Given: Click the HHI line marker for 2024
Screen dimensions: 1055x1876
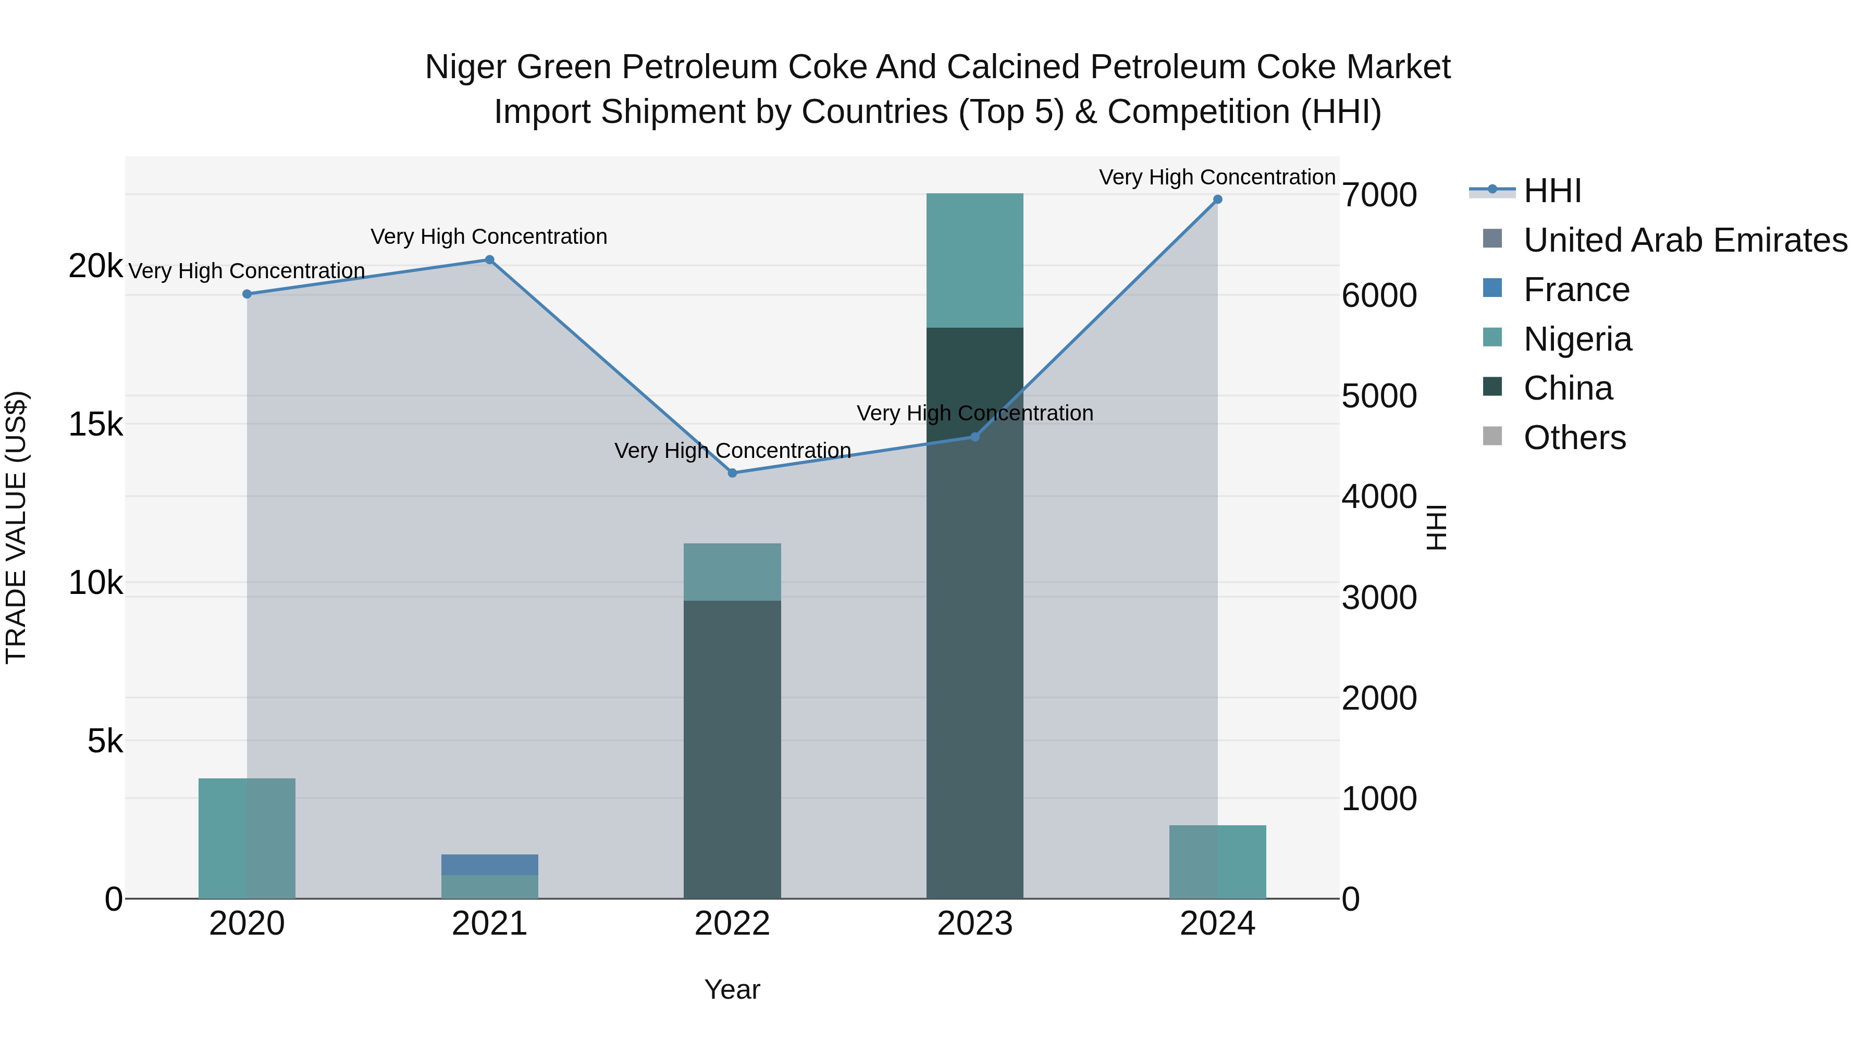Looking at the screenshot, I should tap(1217, 200).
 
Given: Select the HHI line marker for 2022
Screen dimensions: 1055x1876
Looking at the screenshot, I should tap(733, 473).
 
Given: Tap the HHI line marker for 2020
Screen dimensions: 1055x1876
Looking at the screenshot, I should tap(247, 294).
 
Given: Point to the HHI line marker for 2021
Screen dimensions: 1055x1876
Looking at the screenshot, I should tap(489, 260).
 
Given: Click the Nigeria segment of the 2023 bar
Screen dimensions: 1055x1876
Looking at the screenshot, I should tap(974, 260).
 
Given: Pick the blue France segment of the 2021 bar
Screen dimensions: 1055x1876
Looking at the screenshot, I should tap(489, 865).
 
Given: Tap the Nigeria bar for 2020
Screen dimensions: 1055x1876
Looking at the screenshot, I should tap(247, 838).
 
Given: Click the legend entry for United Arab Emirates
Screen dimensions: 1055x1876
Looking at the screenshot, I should tap(1684, 240).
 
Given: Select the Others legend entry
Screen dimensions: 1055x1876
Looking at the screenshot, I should tap(1574, 438).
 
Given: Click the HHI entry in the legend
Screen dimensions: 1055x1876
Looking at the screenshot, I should tap(1551, 191).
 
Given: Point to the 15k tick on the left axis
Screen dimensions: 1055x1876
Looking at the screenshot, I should tap(95, 425).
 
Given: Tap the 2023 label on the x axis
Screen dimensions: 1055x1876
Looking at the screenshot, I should tap(974, 924).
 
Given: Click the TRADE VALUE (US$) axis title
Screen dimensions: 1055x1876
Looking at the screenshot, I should tap(16, 527).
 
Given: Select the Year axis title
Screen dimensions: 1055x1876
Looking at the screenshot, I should tap(732, 989).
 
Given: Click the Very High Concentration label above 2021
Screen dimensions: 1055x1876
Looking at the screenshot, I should tap(489, 237).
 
